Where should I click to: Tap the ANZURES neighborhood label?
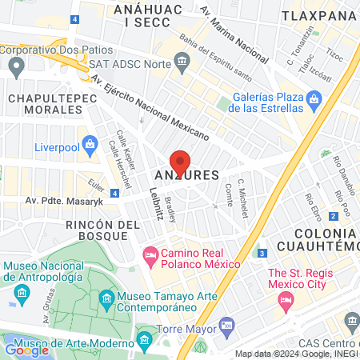click(186, 174)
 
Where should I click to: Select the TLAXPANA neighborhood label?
click(321, 15)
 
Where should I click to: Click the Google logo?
click(26, 350)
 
